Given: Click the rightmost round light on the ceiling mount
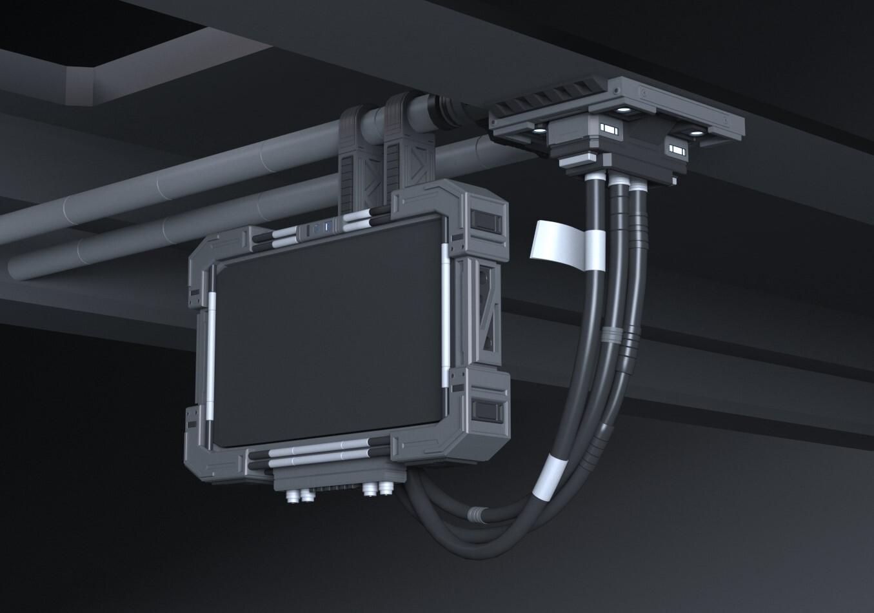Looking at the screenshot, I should [696, 134].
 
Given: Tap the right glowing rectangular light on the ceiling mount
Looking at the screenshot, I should [677, 150].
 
